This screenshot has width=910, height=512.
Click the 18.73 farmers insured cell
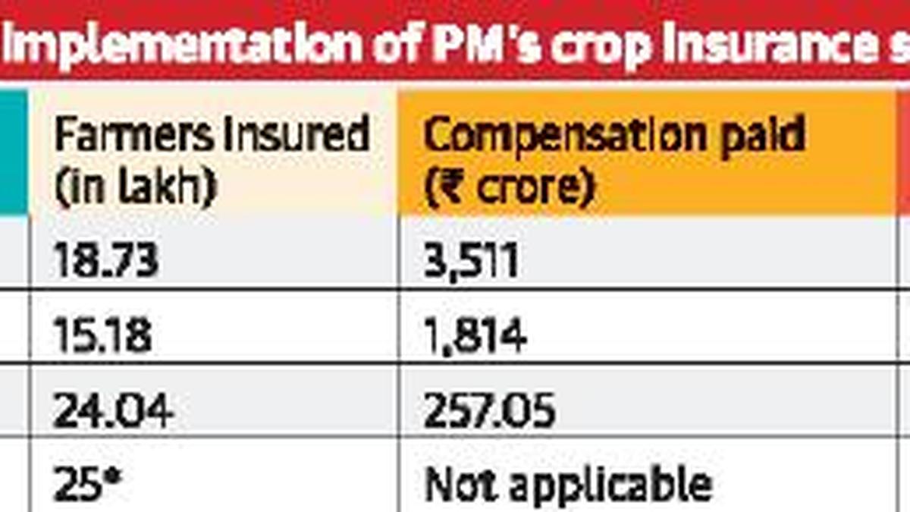pos(105,261)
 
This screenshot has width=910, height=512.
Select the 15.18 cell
pos(102,335)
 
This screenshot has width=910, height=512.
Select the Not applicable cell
pos(568,484)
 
